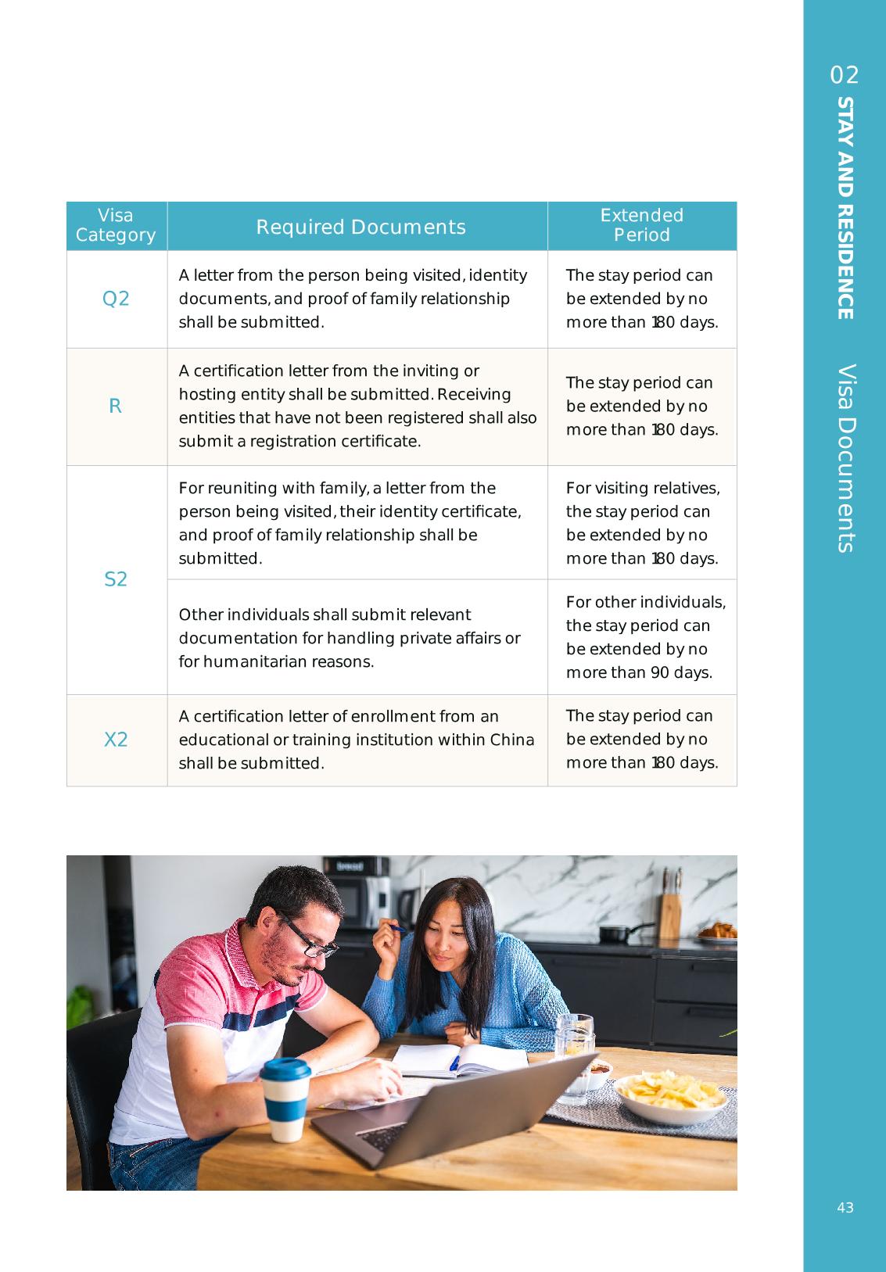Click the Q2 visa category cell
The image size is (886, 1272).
116,299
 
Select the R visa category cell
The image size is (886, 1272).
116,407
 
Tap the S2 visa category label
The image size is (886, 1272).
116,579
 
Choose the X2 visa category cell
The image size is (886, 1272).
116,740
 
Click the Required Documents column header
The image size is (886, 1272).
360,227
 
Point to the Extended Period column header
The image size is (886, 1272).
641,225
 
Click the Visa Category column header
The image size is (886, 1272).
116,225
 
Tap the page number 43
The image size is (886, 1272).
845,1208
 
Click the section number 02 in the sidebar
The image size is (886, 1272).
845,75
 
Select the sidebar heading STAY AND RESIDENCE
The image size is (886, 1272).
845,208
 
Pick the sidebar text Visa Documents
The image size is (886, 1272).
845,458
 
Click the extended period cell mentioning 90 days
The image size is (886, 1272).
641,637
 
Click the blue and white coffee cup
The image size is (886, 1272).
285,1098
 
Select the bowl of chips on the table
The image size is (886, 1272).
670,1095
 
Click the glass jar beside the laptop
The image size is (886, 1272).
574,1055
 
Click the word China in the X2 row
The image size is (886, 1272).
511,740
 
